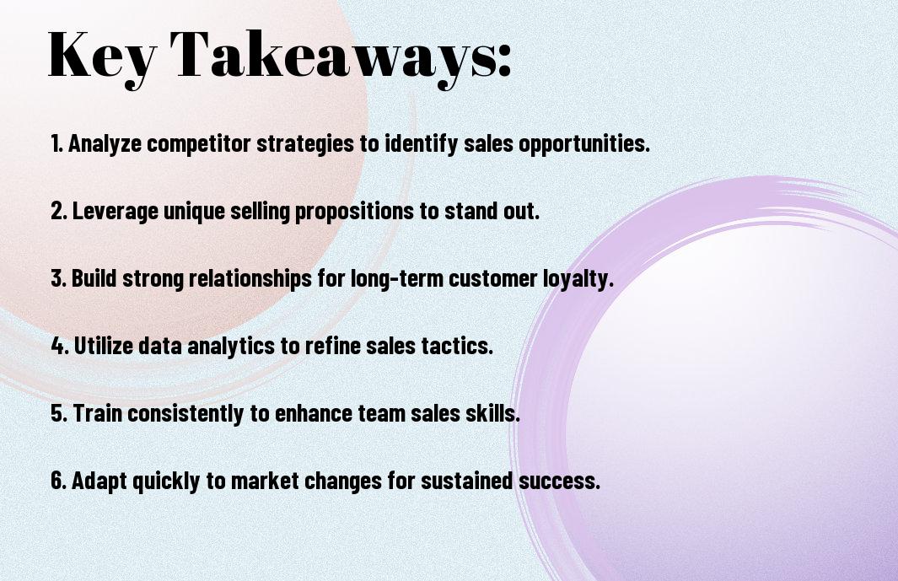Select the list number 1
(x=56, y=143)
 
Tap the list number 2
(x=59, y=211)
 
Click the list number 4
(x=60, y=346)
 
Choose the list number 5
(x=60, y=413)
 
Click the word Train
(x=97, y=412)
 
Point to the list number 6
(x=59, y=480)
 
